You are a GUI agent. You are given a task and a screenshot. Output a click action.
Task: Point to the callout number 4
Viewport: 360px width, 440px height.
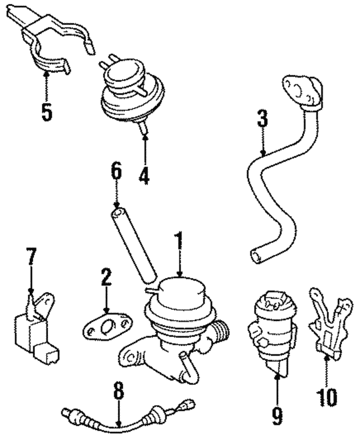click(x=145, y=176)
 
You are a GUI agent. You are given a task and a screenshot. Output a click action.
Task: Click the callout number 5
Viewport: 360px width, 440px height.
click(x=46, y=111)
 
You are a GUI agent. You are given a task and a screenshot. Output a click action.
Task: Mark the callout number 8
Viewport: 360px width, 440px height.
click(x=118, y=392)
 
